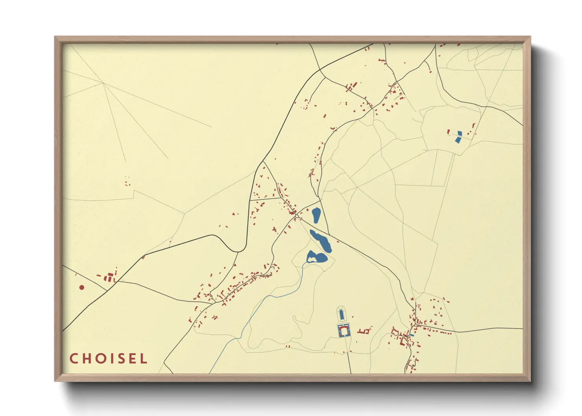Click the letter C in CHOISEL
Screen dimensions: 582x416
coord(74,358)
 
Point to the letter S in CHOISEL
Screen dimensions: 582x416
coord(122,358)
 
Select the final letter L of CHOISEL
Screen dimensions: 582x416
coord(144,358)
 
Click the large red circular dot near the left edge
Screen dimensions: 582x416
coord(82,287)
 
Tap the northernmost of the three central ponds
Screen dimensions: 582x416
coord(316,215)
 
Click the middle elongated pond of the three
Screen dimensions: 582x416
coord(321,240)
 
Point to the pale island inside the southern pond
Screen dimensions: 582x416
coord(312,260)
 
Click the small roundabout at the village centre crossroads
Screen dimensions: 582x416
coord(297,216)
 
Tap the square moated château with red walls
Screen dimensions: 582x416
coord(344,331)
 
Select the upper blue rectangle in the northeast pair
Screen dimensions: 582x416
coord(460,133)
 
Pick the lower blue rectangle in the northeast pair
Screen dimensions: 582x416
coord(457,140)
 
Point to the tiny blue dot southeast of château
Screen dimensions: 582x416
coord(356,342)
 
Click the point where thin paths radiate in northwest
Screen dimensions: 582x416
coord(103,83)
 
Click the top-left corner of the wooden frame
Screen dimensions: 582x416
coord(55,37)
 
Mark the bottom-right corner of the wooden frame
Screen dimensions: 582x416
coord(530,381)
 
